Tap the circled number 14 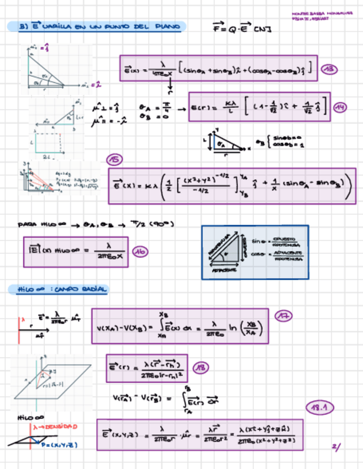tap(339, 107)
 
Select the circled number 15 tap(114, 160)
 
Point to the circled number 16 tap(141, 252)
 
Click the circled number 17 tap(284, 316)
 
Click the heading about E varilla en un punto tap(97, 27)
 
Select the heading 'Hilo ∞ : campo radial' tap(58, 290)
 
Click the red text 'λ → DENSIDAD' tap(55, 427)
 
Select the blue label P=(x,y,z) tap(59, 444)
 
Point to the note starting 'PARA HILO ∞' tap(96, 224)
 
